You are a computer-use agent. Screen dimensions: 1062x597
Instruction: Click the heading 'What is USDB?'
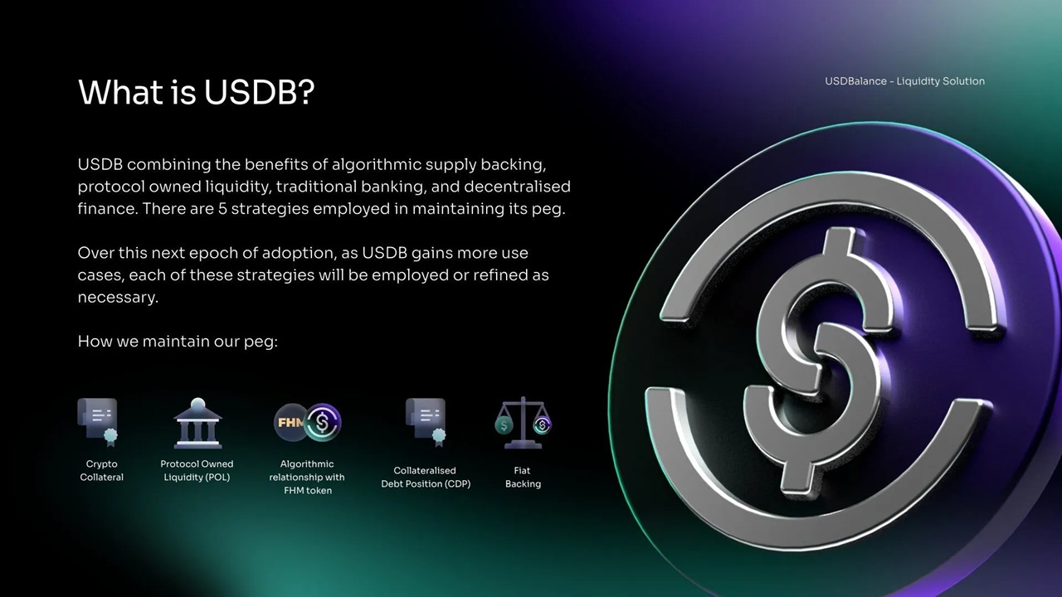[197, 92]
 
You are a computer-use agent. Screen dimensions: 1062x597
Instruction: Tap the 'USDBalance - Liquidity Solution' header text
[904, 81]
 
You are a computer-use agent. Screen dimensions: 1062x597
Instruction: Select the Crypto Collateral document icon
[98, 422]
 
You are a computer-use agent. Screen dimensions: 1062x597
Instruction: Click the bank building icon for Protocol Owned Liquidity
[197, 423]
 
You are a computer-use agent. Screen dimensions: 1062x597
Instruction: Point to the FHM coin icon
[290, 422]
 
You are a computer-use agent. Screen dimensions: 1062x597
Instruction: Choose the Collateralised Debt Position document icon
[426, 422]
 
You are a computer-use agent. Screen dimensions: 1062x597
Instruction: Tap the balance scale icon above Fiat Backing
[523, 423]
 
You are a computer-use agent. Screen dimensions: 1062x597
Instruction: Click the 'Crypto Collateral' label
[101, 470]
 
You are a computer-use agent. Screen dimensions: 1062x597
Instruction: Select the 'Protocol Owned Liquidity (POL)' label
[197, 470]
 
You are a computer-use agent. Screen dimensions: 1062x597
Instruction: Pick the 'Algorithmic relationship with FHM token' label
[307, 477]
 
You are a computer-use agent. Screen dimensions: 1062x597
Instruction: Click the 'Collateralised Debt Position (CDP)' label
[426, 477]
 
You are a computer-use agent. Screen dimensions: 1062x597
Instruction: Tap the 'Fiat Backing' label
[523, 477]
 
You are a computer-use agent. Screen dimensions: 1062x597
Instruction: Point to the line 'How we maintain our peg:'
[178, 342]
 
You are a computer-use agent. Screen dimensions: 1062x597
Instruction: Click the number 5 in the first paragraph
[222, 209]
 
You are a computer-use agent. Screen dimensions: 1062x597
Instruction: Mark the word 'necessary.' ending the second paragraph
[118, 298]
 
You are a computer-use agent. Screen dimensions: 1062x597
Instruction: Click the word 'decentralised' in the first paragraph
[517, 187]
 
